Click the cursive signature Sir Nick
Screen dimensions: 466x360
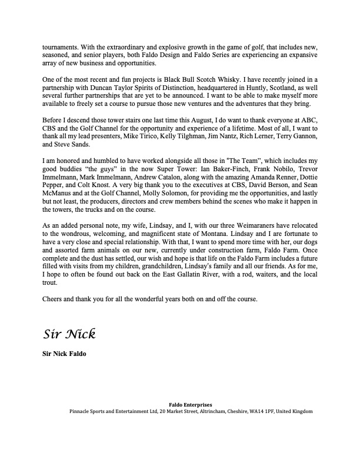pyautogui.click(x=69, y=334)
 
